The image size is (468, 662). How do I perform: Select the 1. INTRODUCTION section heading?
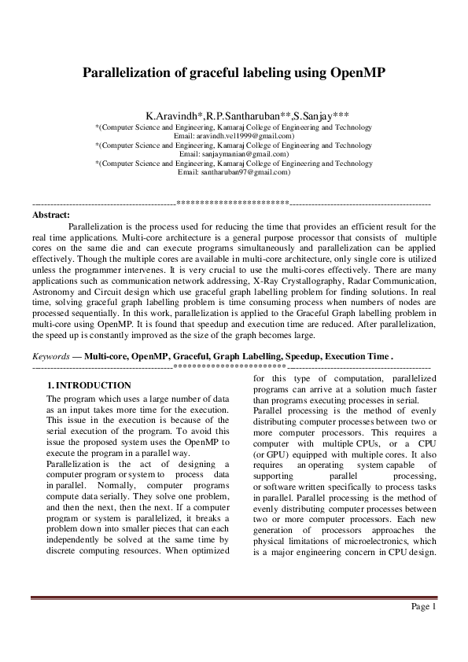89,385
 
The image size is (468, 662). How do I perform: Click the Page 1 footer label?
423,607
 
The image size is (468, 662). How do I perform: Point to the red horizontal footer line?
234,598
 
